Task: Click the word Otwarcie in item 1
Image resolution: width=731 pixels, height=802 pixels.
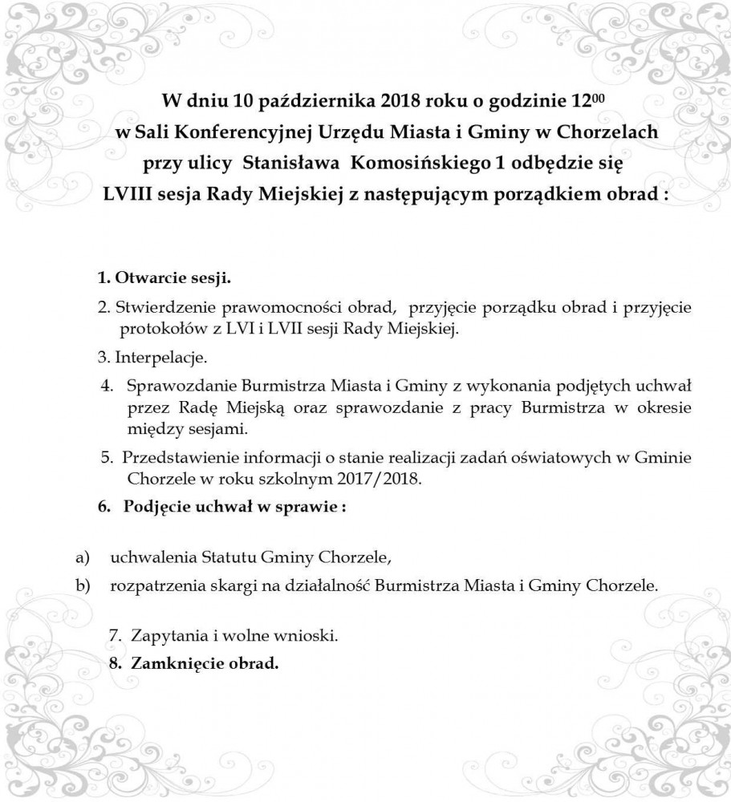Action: tap(148, 280)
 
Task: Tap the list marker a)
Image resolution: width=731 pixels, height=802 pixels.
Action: tap(81, 556)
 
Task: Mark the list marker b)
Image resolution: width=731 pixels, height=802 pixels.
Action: tap(81, 585)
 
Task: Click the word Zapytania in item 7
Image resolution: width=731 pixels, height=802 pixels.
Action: tap(166, 636)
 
